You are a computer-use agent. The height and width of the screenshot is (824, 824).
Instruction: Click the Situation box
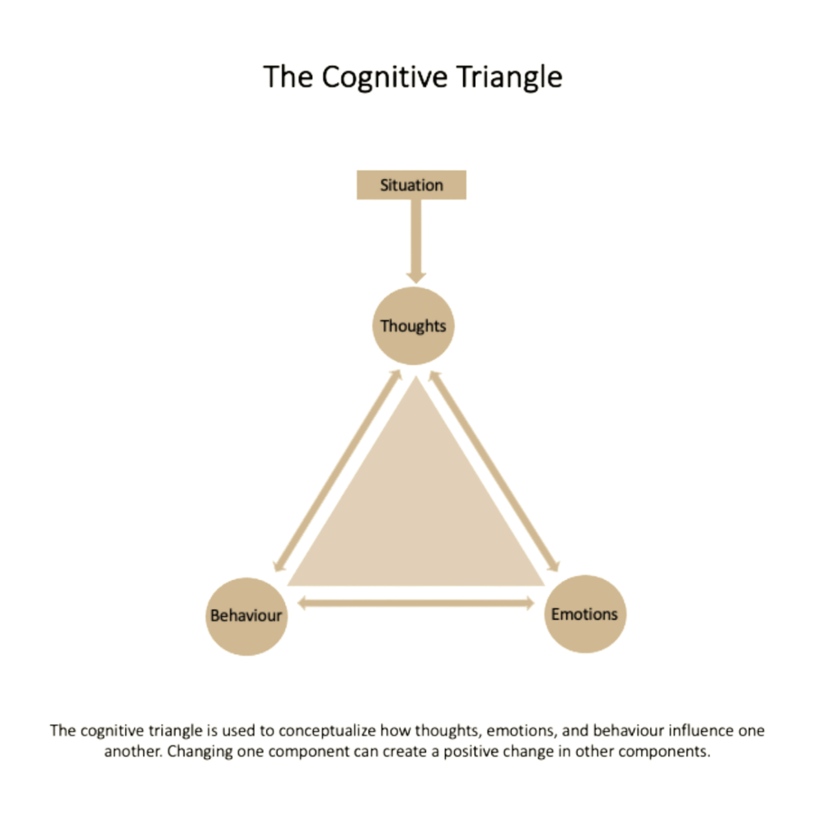pos(411,185)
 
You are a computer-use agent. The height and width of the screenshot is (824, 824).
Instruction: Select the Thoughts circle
pos(414,326)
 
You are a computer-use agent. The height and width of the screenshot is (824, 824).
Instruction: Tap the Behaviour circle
pos(246,616)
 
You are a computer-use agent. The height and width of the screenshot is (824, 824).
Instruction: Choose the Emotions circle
pos(584,614)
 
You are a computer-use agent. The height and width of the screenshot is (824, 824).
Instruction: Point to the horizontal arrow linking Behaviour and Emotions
pos(415,603)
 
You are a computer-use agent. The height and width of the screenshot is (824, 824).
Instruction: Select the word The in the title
pos(287,77)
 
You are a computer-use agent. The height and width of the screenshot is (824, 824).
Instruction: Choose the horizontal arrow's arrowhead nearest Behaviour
pos(302,603)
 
